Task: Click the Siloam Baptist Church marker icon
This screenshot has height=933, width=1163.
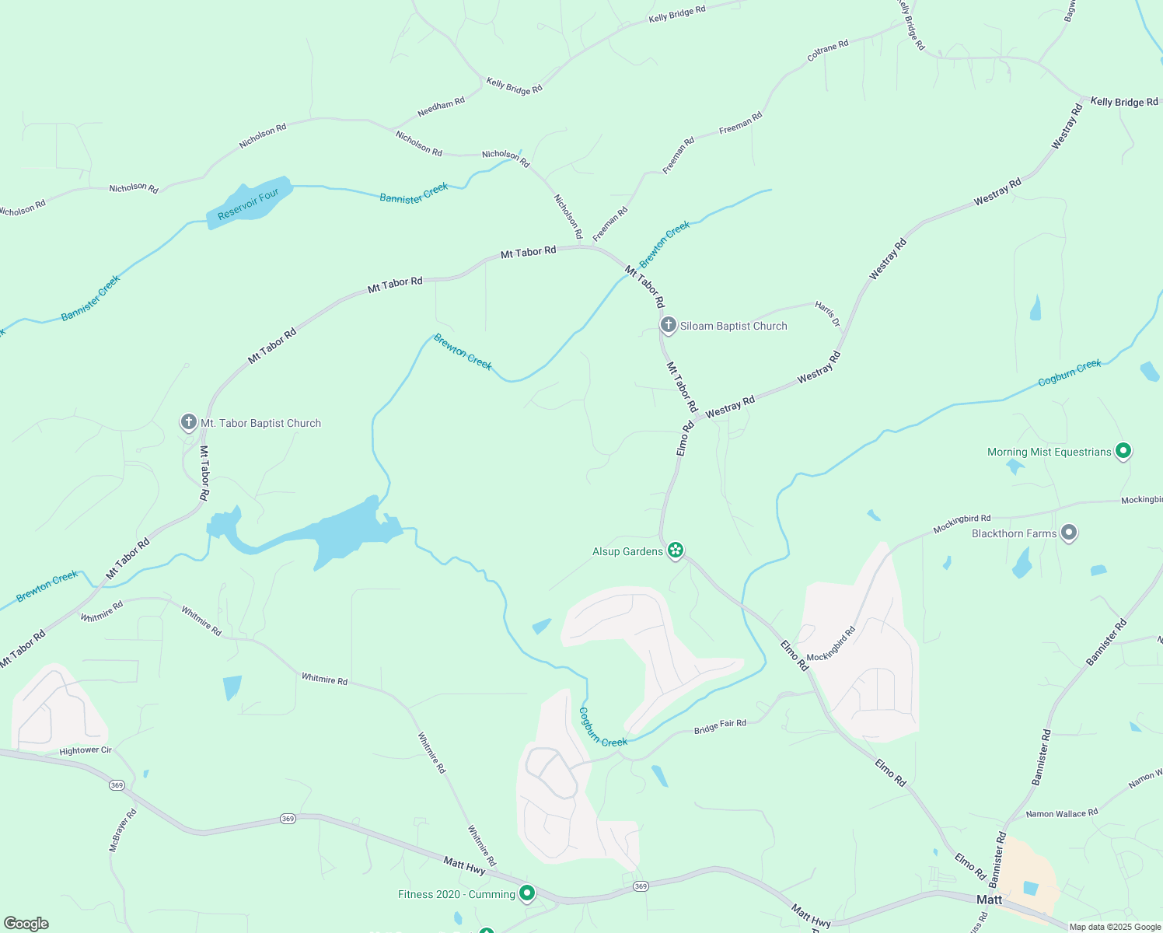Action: click(x=668, y=325)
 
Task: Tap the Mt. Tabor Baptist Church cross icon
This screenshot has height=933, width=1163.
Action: click(x=188, y=422)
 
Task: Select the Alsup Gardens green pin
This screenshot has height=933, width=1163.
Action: click(x=676, y=550)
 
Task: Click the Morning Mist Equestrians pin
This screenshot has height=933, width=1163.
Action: click(x=1122, y=451)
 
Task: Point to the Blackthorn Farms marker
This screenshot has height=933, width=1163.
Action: click(x=1069, y=533)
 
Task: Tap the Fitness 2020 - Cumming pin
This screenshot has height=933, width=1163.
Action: click(x=526, y=893)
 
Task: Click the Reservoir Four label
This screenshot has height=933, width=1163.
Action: click(x=248, y=204)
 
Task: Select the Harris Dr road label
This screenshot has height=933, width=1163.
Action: click(x=828, y=314)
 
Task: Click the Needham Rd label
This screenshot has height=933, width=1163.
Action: click(x=441, y=107)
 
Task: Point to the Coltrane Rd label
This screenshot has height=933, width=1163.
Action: click(x=827, y=51)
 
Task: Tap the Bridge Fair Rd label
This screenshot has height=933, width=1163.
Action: click(x=720, y=726)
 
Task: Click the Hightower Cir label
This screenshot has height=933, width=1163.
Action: click(x=86, y=750)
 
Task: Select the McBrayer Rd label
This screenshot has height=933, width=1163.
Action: click(x=123, y=830)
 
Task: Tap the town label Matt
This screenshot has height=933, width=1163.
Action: click(x=989, y=900)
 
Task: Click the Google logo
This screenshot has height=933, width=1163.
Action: click(x=26, y=924)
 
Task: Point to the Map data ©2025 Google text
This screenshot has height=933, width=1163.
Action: click(x=1115, y=927)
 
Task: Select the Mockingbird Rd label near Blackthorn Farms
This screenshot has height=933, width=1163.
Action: click(x=962, y=523)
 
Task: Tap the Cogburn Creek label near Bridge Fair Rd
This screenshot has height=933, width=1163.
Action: click(x=602, y=729)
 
